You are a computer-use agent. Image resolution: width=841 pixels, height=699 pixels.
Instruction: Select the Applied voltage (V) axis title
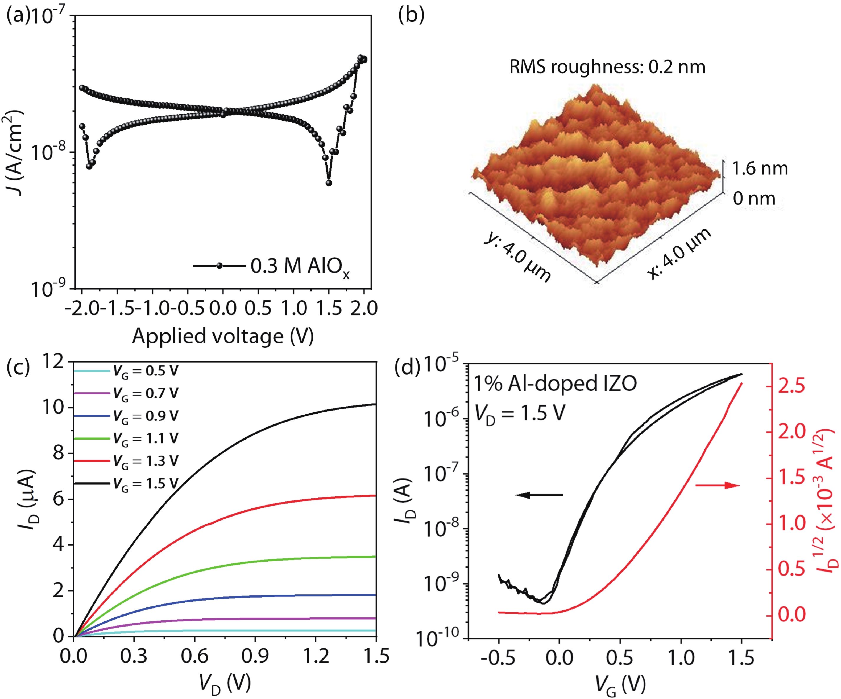tap(223, 336)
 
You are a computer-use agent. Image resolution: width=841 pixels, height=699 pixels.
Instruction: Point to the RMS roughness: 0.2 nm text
tap(607, 67)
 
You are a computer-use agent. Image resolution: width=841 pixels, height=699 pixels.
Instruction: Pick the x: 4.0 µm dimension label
tap(679, 252)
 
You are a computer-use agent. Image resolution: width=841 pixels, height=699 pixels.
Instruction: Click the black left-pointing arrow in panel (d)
tap(539, 495)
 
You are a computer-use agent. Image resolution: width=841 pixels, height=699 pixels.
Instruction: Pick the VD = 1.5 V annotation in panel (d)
tap(520, 413)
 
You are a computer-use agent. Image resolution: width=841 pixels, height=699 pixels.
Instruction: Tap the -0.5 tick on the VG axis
tap(498, 658)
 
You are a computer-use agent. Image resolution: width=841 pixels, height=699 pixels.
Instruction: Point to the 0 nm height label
tap(754, 198)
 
